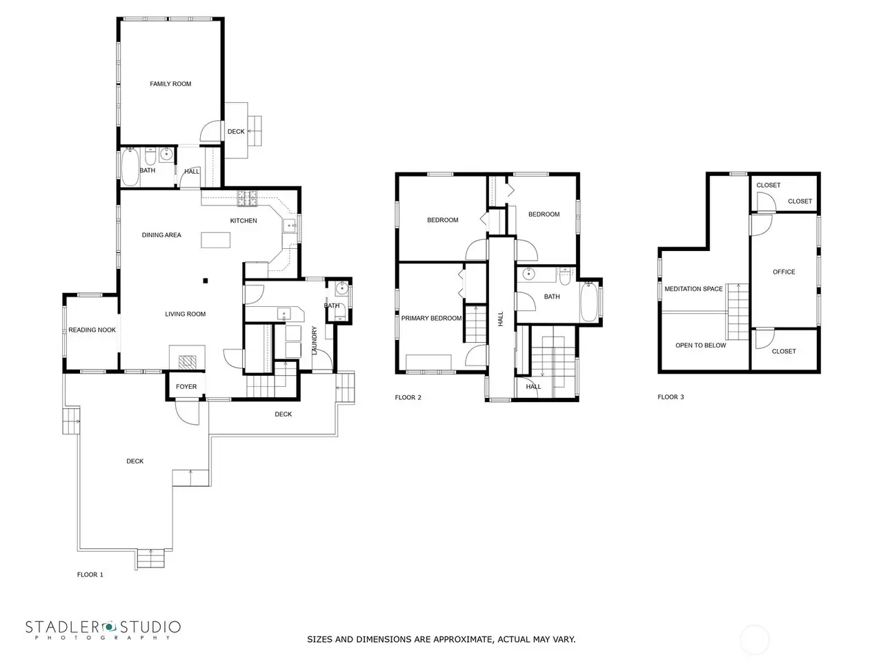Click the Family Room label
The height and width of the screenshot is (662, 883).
click(x=170, y=83)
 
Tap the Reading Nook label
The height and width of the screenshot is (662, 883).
click(x=92, y=330)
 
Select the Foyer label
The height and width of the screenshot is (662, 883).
click(x=186, y=386)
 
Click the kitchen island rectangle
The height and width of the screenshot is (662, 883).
click(x=216, y=240)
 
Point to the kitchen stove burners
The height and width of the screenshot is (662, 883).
click(x=247, y=198)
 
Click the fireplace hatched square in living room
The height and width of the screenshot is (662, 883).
click(x=187, y=362)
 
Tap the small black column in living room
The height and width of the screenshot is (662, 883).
click(x=205, y=281)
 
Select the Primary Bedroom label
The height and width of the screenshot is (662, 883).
click(x=431, y=318)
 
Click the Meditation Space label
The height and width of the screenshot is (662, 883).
click(x=693, y=289)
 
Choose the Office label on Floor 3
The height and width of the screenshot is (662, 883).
click(x=784, y=272)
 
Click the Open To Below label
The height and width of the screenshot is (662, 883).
click(x=700, y=345)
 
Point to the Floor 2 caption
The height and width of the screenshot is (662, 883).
click(x=408, y=397)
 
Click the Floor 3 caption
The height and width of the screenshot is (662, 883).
click(x=671, y=397)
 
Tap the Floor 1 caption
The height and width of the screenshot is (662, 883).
click(x=90, y=574)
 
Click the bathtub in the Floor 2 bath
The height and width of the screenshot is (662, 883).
click(x=589, y=302)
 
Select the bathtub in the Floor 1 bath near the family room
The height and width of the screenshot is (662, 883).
click(x=130, y=167)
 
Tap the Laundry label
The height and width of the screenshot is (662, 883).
click(x=314, y=340)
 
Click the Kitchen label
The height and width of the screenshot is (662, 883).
click(x=244, y=220)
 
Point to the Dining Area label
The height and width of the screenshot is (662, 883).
click(x=161, y=234)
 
